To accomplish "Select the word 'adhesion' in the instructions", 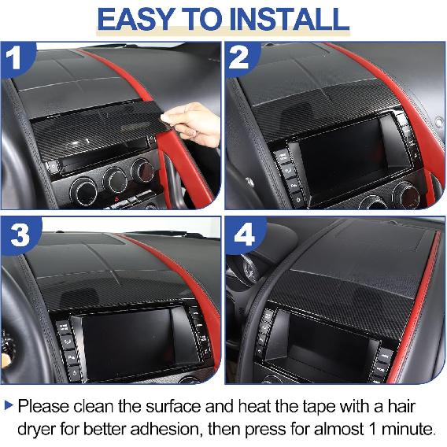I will point(180,430).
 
